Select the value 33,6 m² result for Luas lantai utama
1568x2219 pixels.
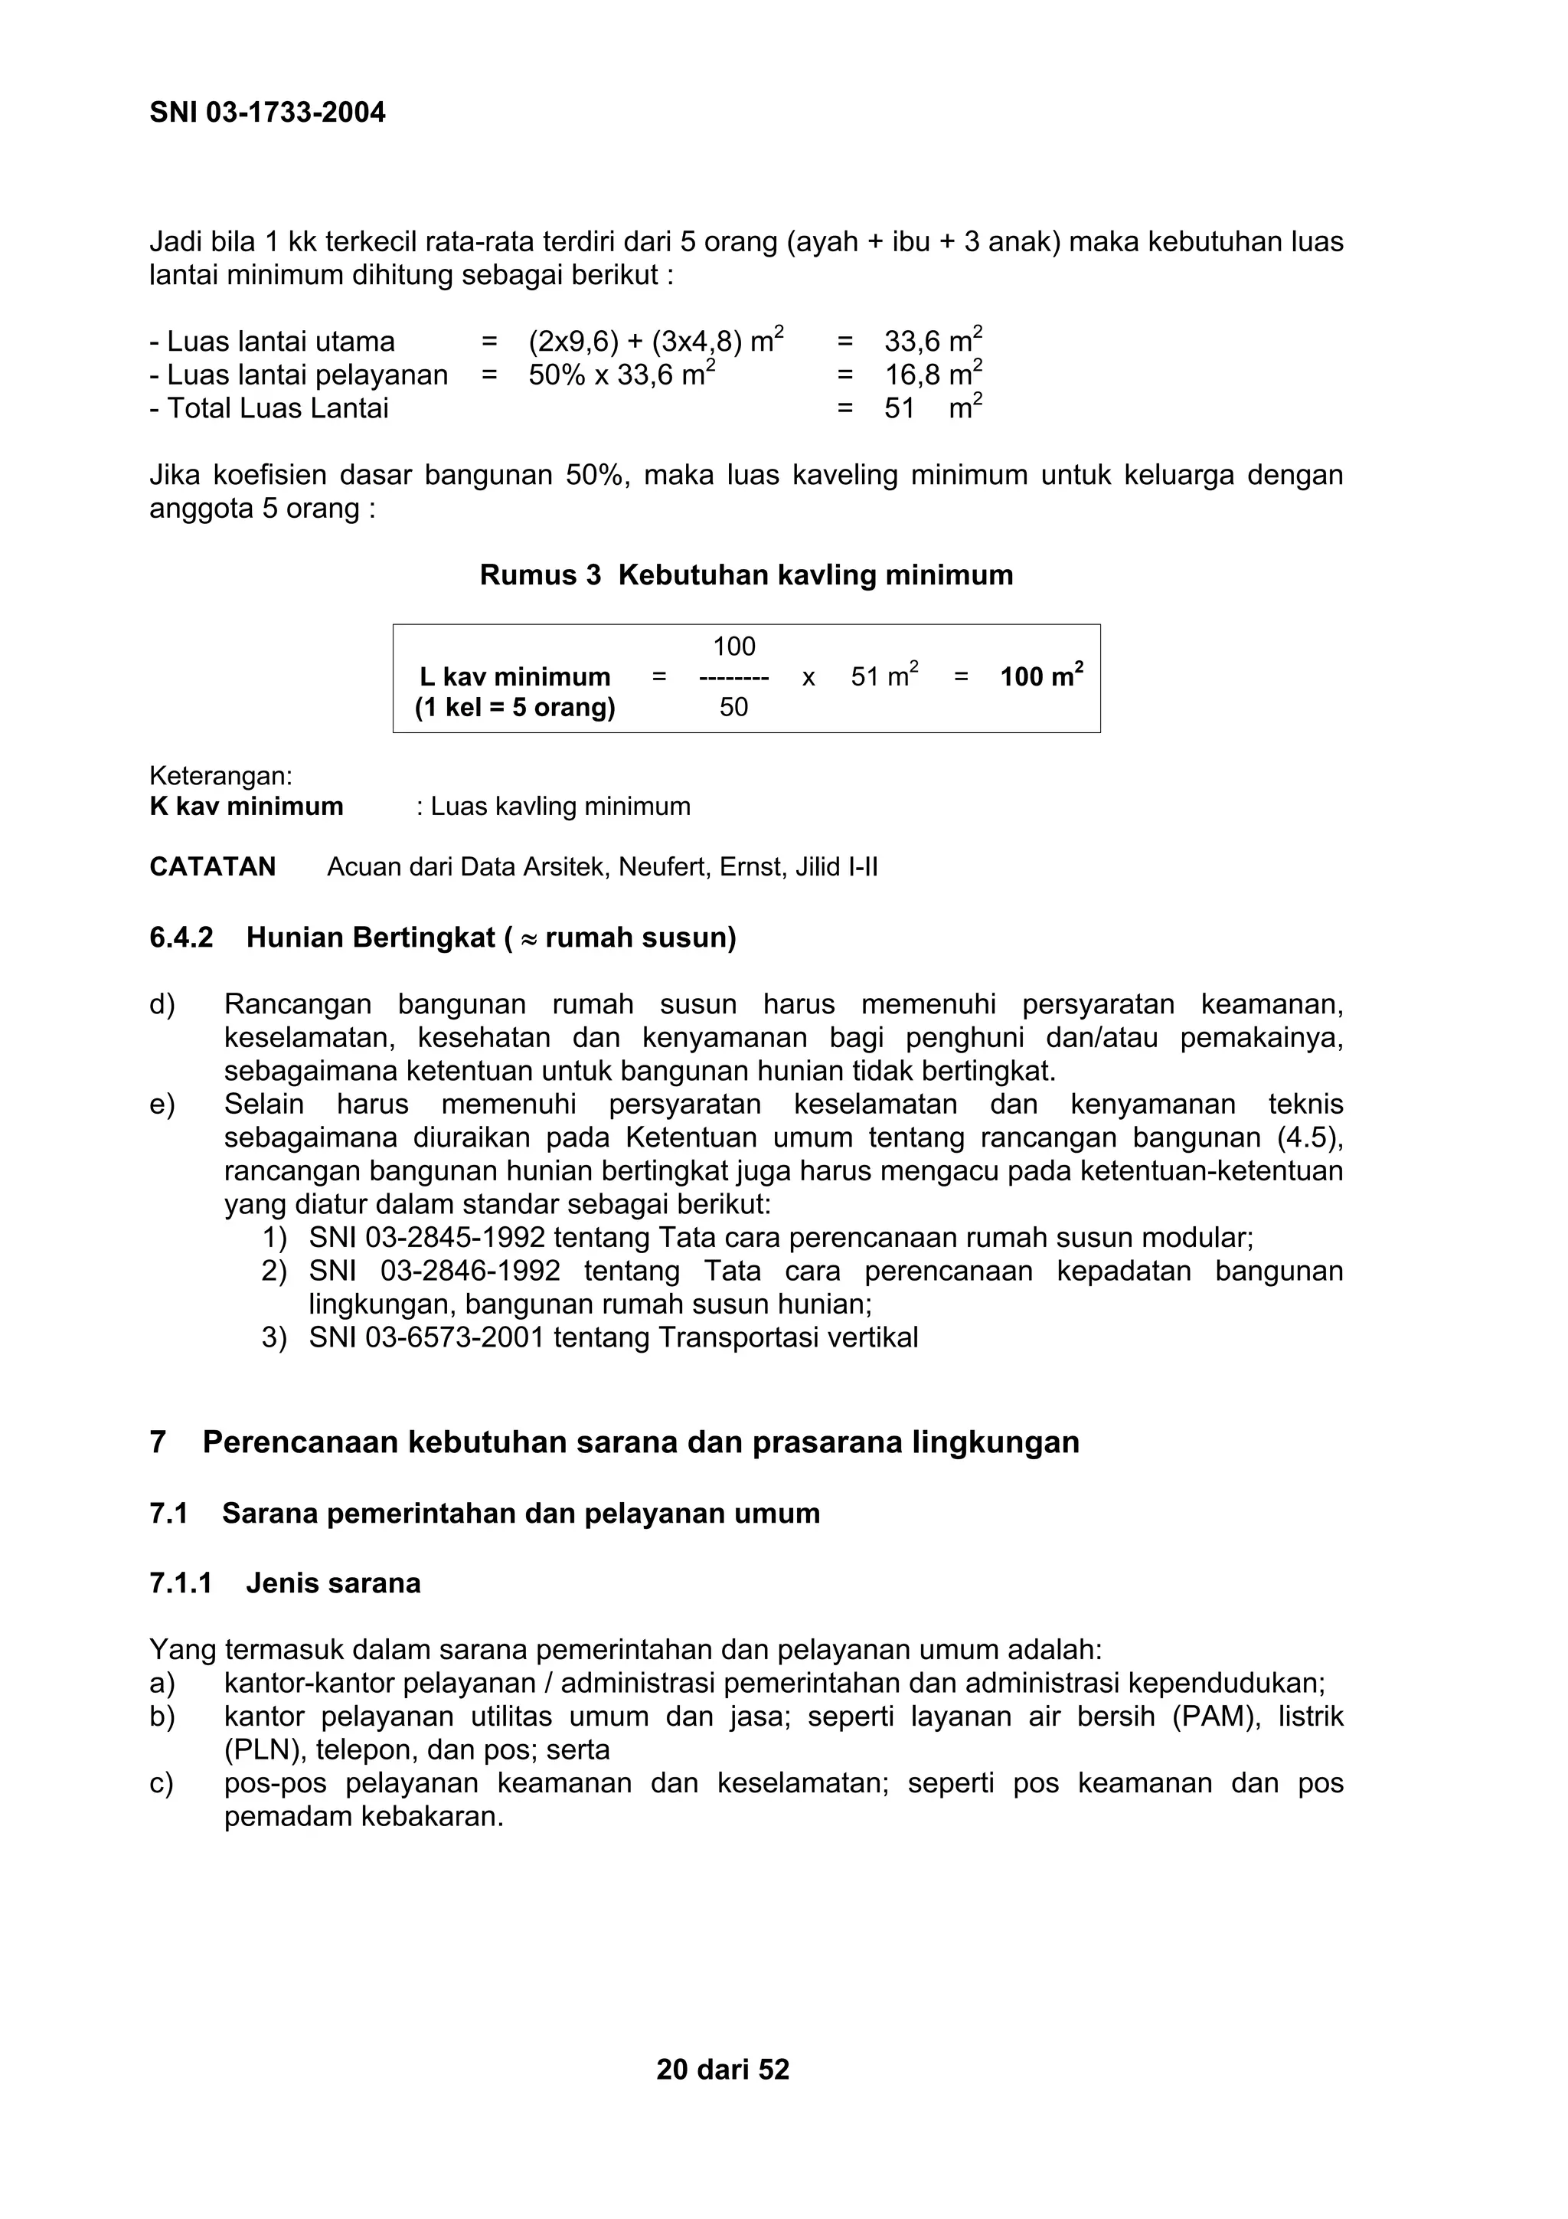pyautogui.click(x=933, y=341)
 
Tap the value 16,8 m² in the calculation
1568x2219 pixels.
pyautogui.click(x=933, y=375)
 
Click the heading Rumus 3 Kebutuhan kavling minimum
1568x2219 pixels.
pyautogui.click(x=746, y=575)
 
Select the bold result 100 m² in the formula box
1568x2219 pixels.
pyautogui.click(x=1040, y=676)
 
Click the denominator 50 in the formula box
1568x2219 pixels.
pyautogui.click(x=733, y=708)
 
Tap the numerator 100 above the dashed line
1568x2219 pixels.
pyautogui.click(x=733, y=646)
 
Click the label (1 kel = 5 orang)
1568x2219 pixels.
pyautogui.click(x=515, y=708)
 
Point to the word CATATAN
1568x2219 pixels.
pyautogui.click(x=213, y=867)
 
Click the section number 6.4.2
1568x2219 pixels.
pyautogui.click(x=181, y=938)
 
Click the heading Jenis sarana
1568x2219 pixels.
pyautogui.click(x=332, y=1583)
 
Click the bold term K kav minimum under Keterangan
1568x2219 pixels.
pyautogui.click(x=247, y=806)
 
